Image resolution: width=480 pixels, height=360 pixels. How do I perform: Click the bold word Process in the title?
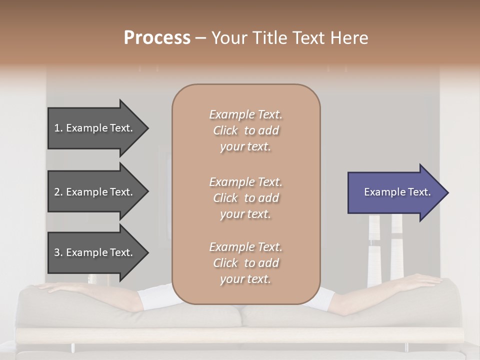tap(157, 38)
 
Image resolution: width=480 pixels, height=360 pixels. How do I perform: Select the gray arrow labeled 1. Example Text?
tap(92, 128)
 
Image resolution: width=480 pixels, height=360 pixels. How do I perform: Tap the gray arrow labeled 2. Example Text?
tap(92, 192)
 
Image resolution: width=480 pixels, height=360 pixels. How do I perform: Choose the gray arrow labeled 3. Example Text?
tap(92, 252)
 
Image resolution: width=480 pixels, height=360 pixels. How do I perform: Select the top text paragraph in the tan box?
tap(245, 130)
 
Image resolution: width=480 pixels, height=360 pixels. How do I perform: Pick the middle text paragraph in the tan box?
tap(245, 198)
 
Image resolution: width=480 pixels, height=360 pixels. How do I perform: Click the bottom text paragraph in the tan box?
tap(245, 263)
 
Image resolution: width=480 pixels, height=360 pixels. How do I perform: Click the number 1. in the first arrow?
tap(58, 128)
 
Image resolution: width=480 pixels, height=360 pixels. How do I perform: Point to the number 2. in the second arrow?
tap(58, 192)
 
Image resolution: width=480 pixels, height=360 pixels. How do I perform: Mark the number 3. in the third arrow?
tap(58, 252)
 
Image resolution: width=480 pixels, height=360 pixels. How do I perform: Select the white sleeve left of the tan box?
tap(155, 296)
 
